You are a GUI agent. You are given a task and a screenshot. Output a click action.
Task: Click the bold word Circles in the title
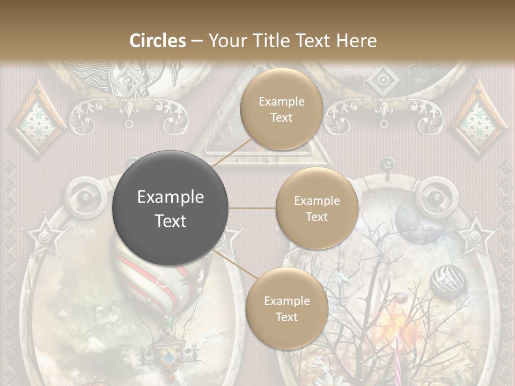tap(158, 41)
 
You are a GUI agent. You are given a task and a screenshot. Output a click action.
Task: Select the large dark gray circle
tap(170, 208)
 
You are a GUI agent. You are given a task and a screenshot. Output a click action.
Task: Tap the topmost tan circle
tap(281, 109)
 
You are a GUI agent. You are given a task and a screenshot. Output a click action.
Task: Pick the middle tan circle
tap(317, 208)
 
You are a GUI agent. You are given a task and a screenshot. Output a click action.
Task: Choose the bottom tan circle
tap(286, 308)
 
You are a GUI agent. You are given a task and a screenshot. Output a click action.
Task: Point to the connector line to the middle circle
tap(252, 208)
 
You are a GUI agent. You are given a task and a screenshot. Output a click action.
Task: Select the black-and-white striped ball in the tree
tap(448, 281)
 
